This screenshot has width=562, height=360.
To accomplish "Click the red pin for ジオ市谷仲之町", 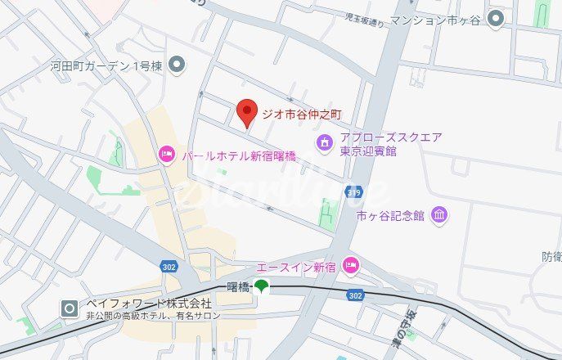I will coord(246,112).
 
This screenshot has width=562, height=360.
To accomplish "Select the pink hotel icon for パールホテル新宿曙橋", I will coord(167,153).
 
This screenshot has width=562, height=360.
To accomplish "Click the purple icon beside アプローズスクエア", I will coord(325,144).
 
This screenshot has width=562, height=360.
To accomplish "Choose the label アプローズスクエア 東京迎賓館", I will coord(380,144).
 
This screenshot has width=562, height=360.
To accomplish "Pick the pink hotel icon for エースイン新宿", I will coord(350,265).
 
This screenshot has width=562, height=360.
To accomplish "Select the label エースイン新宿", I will coord(296,268).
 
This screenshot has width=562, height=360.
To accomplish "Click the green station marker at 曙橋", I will coord(261,286).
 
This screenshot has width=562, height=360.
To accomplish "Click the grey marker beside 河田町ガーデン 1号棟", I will coord(177,65).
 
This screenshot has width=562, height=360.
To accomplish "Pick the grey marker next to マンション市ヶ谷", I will coord(495,18).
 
